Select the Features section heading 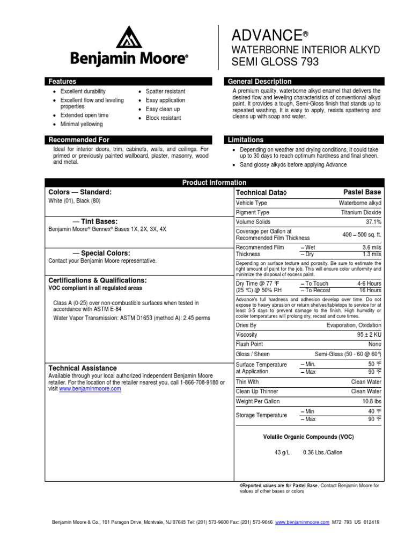click(x=62, y=82)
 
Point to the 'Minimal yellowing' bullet click(x=81, y=124)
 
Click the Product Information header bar click(x=214, y=183)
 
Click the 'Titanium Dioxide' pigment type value click(x=361, y=213)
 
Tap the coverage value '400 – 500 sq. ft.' click(x=362, y=235)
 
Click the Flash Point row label click(x=249, y=344)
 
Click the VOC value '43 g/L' click(x=282, y=452)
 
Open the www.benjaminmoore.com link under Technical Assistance click(x=90, y=388)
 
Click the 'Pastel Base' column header click(x=362, y=192)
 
